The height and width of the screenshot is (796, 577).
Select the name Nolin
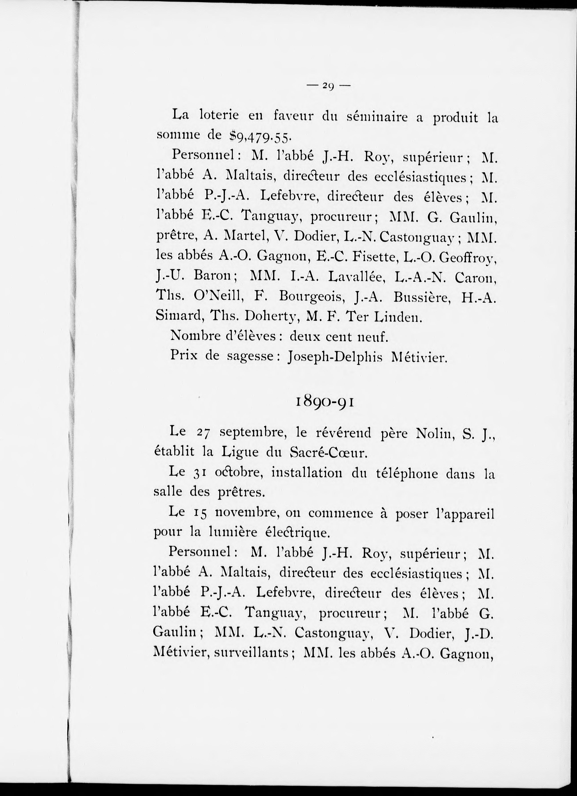pyautogui.click(x=433, y=434)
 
